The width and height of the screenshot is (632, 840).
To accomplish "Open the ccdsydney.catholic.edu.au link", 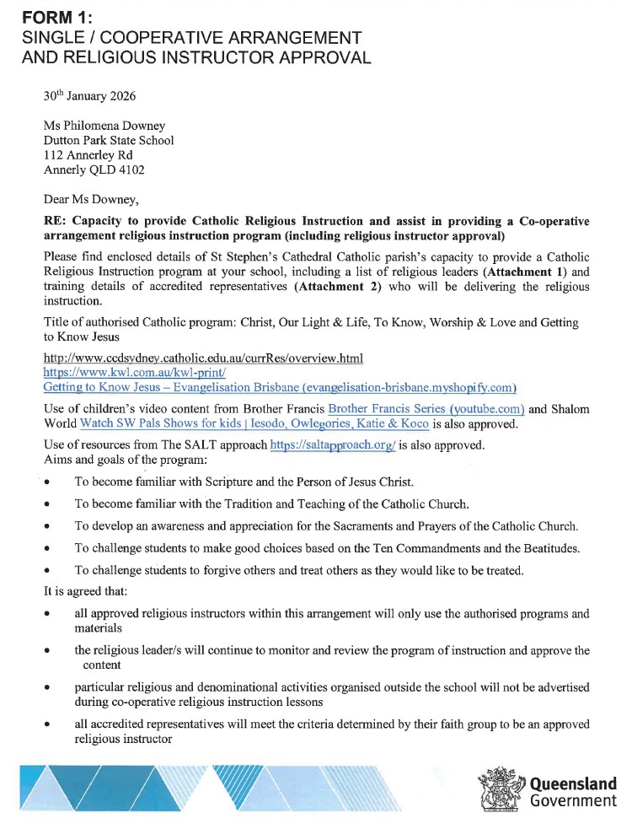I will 203,358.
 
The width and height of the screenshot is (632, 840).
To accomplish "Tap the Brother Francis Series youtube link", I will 426,410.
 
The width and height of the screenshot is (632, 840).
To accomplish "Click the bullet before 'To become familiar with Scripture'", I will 48,483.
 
